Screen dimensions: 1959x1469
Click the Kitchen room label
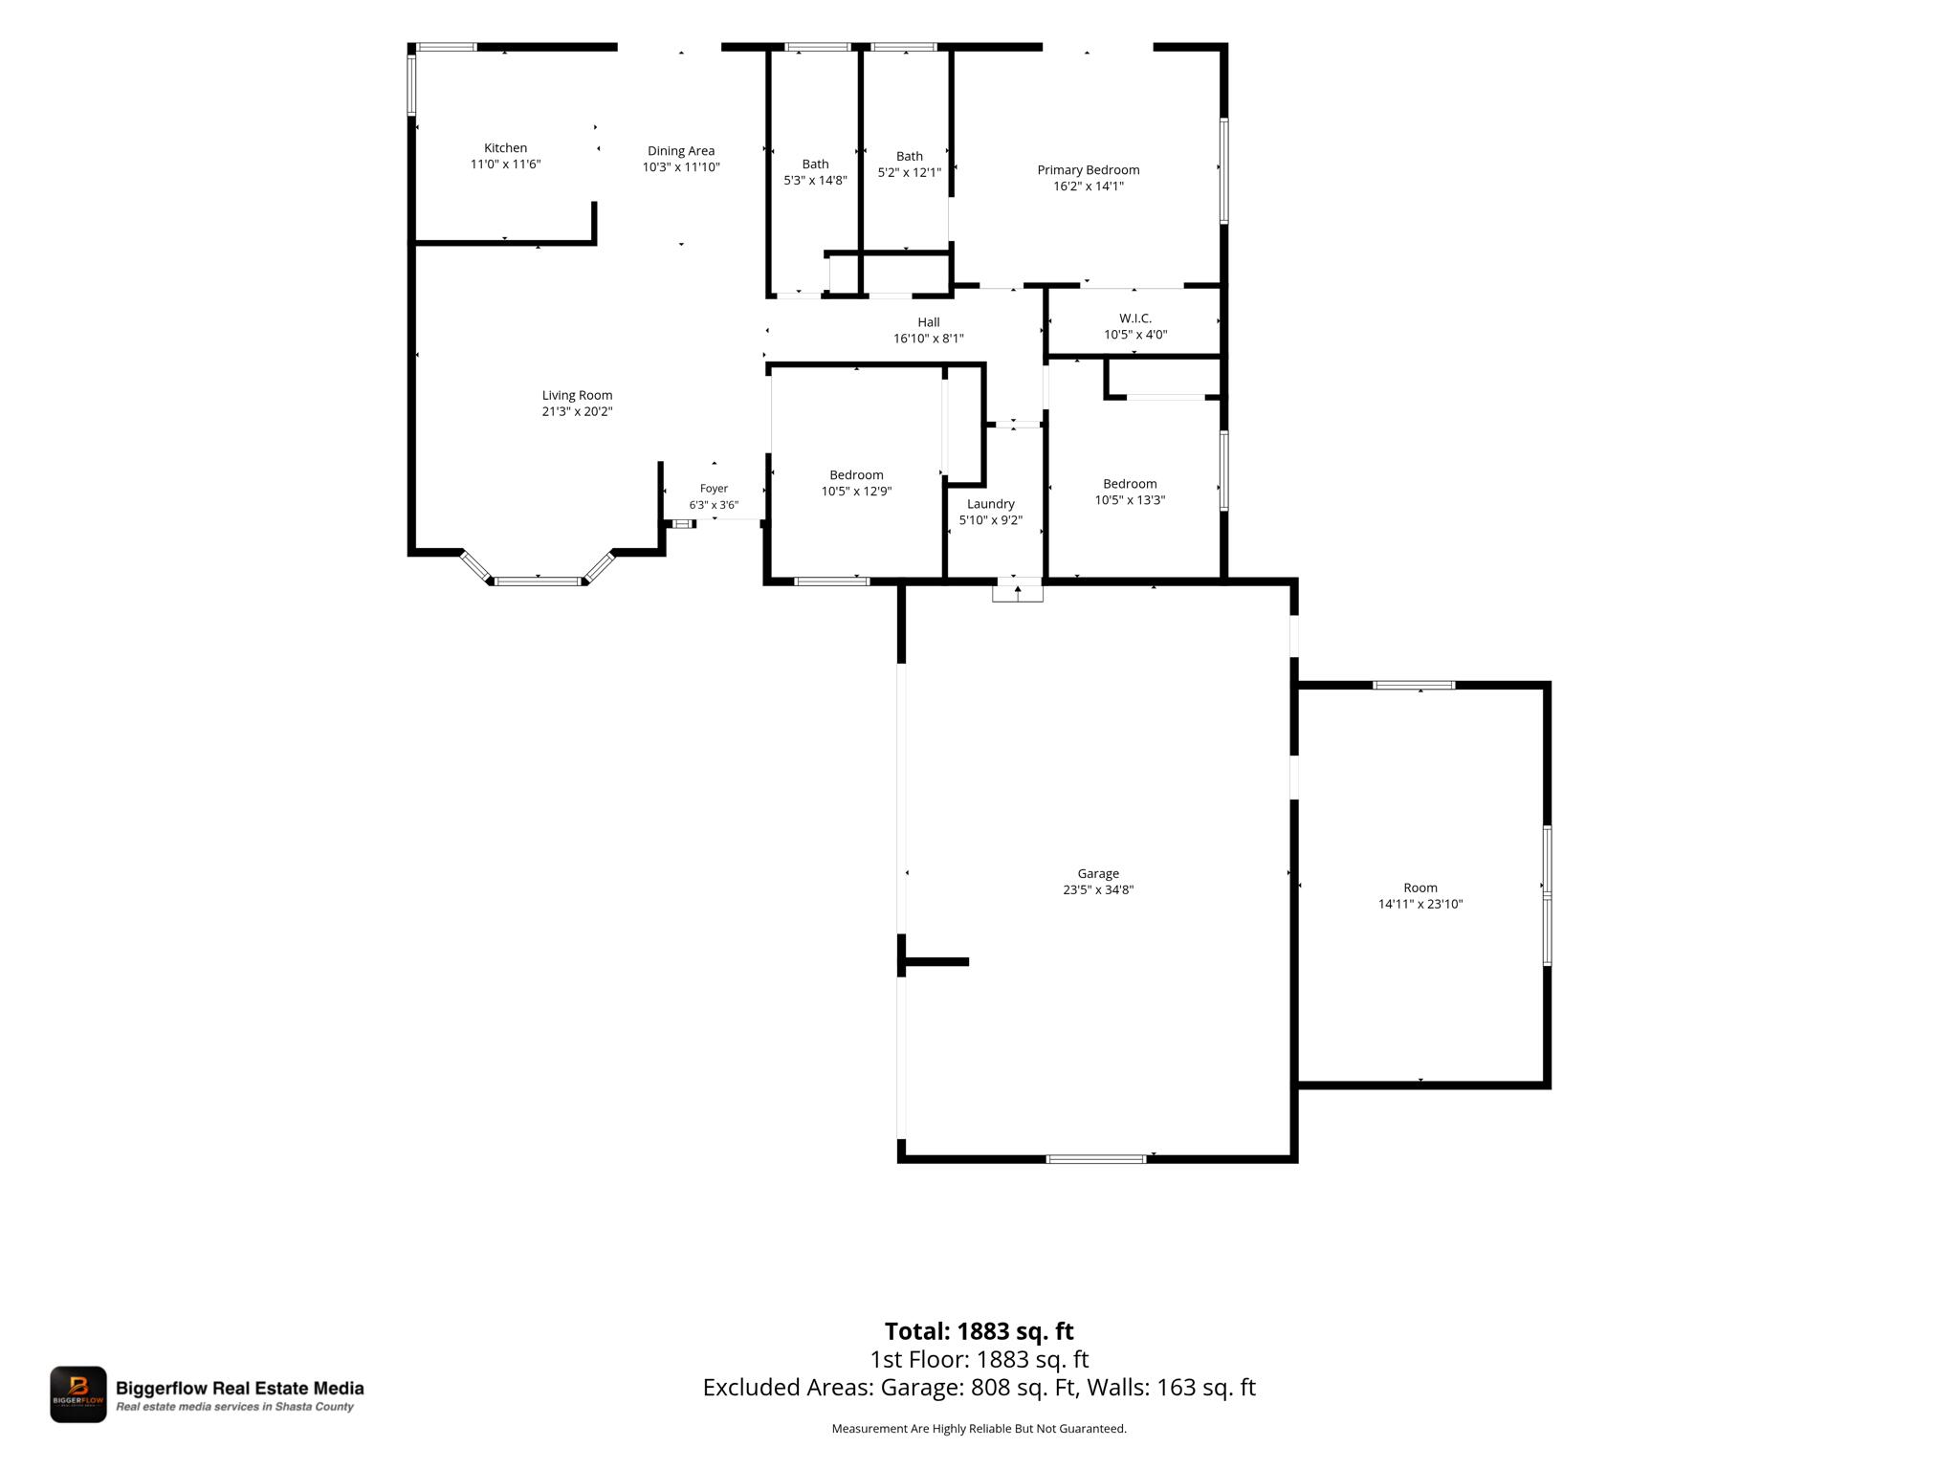click(x=505, y=147)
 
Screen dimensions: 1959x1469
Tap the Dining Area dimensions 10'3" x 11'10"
click(x=681, y=167)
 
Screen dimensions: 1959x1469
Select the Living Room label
click(x=577, y=395)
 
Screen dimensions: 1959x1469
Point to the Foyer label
click(x=714, y=489)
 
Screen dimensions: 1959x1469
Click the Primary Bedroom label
click(x=1089, y=170)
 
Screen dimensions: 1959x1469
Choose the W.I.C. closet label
click(x=1135, y=318)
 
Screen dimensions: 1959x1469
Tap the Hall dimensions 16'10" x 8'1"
click(x=929, y=339)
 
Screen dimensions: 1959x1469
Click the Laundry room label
click(x=991, y=504)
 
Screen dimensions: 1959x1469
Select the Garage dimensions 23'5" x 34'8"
click(x=1098, y=889)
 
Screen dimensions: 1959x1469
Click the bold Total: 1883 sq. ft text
click(x=979, y=1331)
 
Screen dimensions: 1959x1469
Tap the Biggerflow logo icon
click(x=78, y=1394)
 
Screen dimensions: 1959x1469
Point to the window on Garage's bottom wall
click(x=1096, y=1159)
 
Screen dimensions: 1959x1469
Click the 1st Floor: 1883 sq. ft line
click(x=979, y=1359)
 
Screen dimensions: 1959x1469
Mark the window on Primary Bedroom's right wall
click(x=1223, y=170)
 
